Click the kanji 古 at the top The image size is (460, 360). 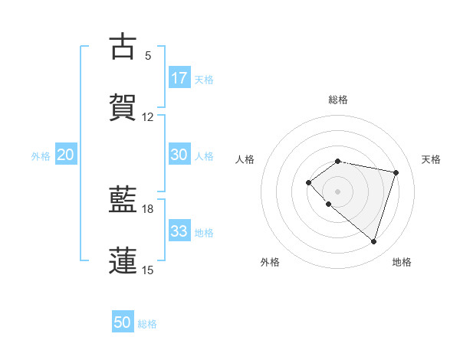[123, 47]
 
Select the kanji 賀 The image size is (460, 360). [123, 108]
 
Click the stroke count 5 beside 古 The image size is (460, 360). [148, 55]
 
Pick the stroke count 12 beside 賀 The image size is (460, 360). [148, 117]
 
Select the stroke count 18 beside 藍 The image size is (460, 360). [148, 208]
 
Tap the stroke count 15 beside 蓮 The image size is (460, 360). [148, 270]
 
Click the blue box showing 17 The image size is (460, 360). [179, 77]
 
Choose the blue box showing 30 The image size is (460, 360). [179, 155]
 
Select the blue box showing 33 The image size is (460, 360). [179, 231]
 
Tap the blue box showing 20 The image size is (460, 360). [66, 155]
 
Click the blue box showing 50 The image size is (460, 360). [123, 322]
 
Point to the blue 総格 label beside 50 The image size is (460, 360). [148, 324]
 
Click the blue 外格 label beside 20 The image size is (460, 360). [41, 156]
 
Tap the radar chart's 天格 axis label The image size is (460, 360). [432, 159]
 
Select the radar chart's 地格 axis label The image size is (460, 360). [402, 262]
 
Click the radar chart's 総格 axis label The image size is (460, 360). [338, 100]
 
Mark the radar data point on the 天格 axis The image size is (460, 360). [396, 172]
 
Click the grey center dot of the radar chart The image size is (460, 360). [337, 191]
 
